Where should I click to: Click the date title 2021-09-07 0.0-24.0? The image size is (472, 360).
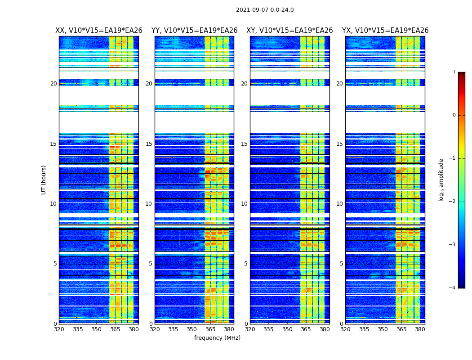pos(265,10)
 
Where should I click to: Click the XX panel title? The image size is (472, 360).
pos(99,31)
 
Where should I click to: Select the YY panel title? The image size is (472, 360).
pos(194,31)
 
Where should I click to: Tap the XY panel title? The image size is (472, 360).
pos(289,31)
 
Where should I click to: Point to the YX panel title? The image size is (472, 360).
pos(385,31)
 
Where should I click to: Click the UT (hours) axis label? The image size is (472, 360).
pos(44,180)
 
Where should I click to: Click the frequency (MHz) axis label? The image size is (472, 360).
pos(217,338)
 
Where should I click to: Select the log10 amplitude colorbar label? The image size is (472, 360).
pos(441,180)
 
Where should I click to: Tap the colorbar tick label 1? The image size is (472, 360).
pos(454,72)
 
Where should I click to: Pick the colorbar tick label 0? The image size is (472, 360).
pos(454,115)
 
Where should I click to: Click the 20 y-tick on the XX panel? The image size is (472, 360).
pos(53,84)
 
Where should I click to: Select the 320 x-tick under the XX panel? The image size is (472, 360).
pos(59,329)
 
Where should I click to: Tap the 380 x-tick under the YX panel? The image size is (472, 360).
pos(420,329)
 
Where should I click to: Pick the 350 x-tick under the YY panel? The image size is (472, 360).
pos(192,329)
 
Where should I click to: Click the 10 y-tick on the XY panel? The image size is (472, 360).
pos(244,204)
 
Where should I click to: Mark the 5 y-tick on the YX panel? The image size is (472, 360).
pos(341,264)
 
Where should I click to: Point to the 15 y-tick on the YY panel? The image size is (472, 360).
pos(149,144)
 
